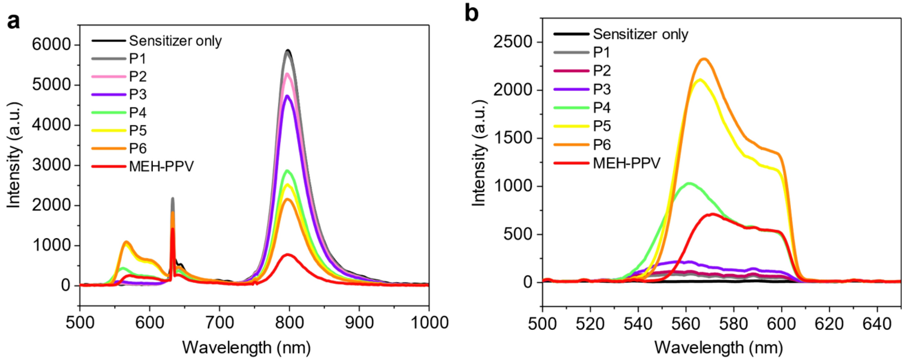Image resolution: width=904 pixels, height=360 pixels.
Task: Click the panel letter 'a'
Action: pos(14,21)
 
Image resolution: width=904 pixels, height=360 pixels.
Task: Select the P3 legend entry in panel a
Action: pos(138,95)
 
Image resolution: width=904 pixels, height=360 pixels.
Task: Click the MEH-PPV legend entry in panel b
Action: pos(626,163)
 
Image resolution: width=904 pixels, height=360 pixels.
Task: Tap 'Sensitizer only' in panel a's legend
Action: pos(175,41)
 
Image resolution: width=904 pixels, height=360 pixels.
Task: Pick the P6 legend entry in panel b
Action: pos(602,144)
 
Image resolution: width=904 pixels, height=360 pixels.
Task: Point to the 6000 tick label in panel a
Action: pos(51,45)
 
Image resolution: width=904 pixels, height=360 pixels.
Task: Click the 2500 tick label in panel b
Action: pos(513,42)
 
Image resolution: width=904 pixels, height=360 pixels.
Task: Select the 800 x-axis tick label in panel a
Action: pos(289,323)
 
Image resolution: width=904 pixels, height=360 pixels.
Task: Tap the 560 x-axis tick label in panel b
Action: pos(686,324)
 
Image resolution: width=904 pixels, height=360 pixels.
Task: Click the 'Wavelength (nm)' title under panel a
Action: pos(246,348)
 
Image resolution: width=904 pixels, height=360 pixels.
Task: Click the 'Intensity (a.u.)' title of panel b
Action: pos(479,153)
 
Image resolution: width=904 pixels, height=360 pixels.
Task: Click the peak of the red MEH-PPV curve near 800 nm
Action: pos(288,255)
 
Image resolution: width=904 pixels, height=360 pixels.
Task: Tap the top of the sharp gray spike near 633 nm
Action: pos(172,198)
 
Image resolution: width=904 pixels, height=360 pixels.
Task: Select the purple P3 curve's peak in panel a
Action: pos(288,96)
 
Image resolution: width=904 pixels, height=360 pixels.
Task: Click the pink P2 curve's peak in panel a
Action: pos(288,74)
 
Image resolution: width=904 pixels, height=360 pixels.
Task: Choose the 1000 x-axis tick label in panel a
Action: pos(429,323)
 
